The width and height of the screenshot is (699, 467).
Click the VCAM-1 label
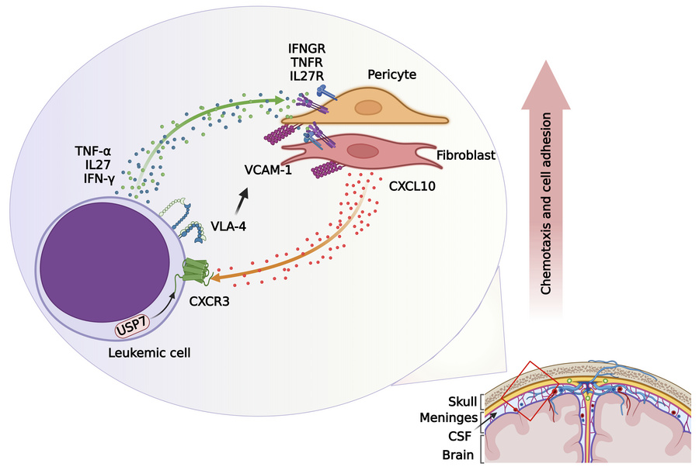(x=262, y=170)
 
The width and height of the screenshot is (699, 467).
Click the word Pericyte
(x=393, y=77)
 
